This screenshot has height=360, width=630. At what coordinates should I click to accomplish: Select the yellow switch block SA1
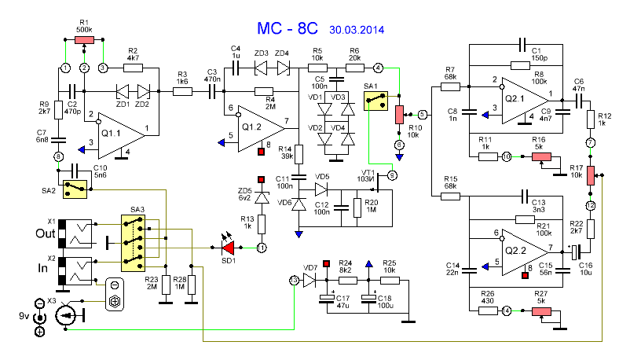(374, 100)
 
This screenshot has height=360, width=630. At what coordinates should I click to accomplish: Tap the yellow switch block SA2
(75, 187)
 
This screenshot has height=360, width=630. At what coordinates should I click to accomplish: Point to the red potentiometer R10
(398, 114)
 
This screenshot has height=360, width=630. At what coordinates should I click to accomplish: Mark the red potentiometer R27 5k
(543, 311)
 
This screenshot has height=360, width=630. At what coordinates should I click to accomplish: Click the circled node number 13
(293, 280)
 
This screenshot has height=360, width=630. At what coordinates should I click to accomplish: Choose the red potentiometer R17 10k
(591, 174)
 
